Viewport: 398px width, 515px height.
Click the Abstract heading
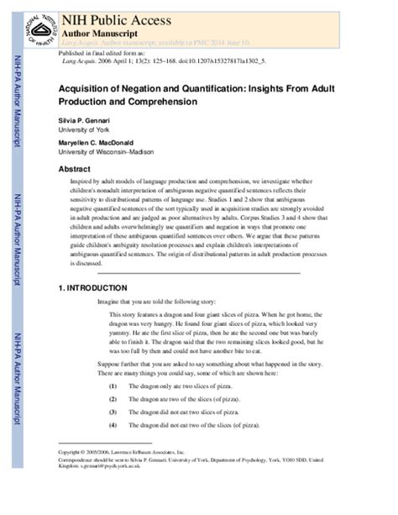[75, 169]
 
